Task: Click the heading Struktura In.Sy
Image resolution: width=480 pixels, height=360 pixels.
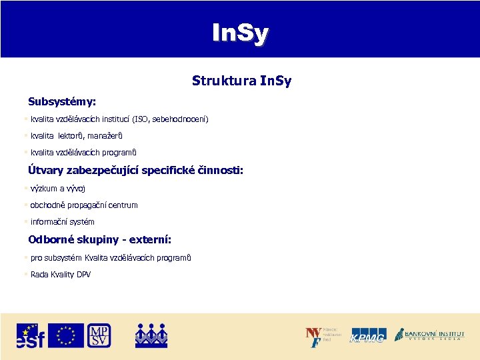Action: (x=241, y=81)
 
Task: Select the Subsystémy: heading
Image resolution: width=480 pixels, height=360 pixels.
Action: (x=62, y=102)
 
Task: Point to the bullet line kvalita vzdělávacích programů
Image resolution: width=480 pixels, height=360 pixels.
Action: (x=83, y=153)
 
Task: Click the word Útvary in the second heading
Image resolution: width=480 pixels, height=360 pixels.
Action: (x=47, y=171)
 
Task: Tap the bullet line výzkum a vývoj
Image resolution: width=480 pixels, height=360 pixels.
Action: (x=58, y=189)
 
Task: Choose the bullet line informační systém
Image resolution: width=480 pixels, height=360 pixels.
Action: (x=63, y=222)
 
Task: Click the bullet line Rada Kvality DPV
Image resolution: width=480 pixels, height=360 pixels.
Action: (x=61, y=275)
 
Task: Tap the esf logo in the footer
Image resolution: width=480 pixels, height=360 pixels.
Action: (x=31, y=335)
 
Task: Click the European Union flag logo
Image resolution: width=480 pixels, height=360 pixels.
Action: (x=66, y=335)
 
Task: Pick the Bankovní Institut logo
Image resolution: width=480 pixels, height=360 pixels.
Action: (x=429, y=335)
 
